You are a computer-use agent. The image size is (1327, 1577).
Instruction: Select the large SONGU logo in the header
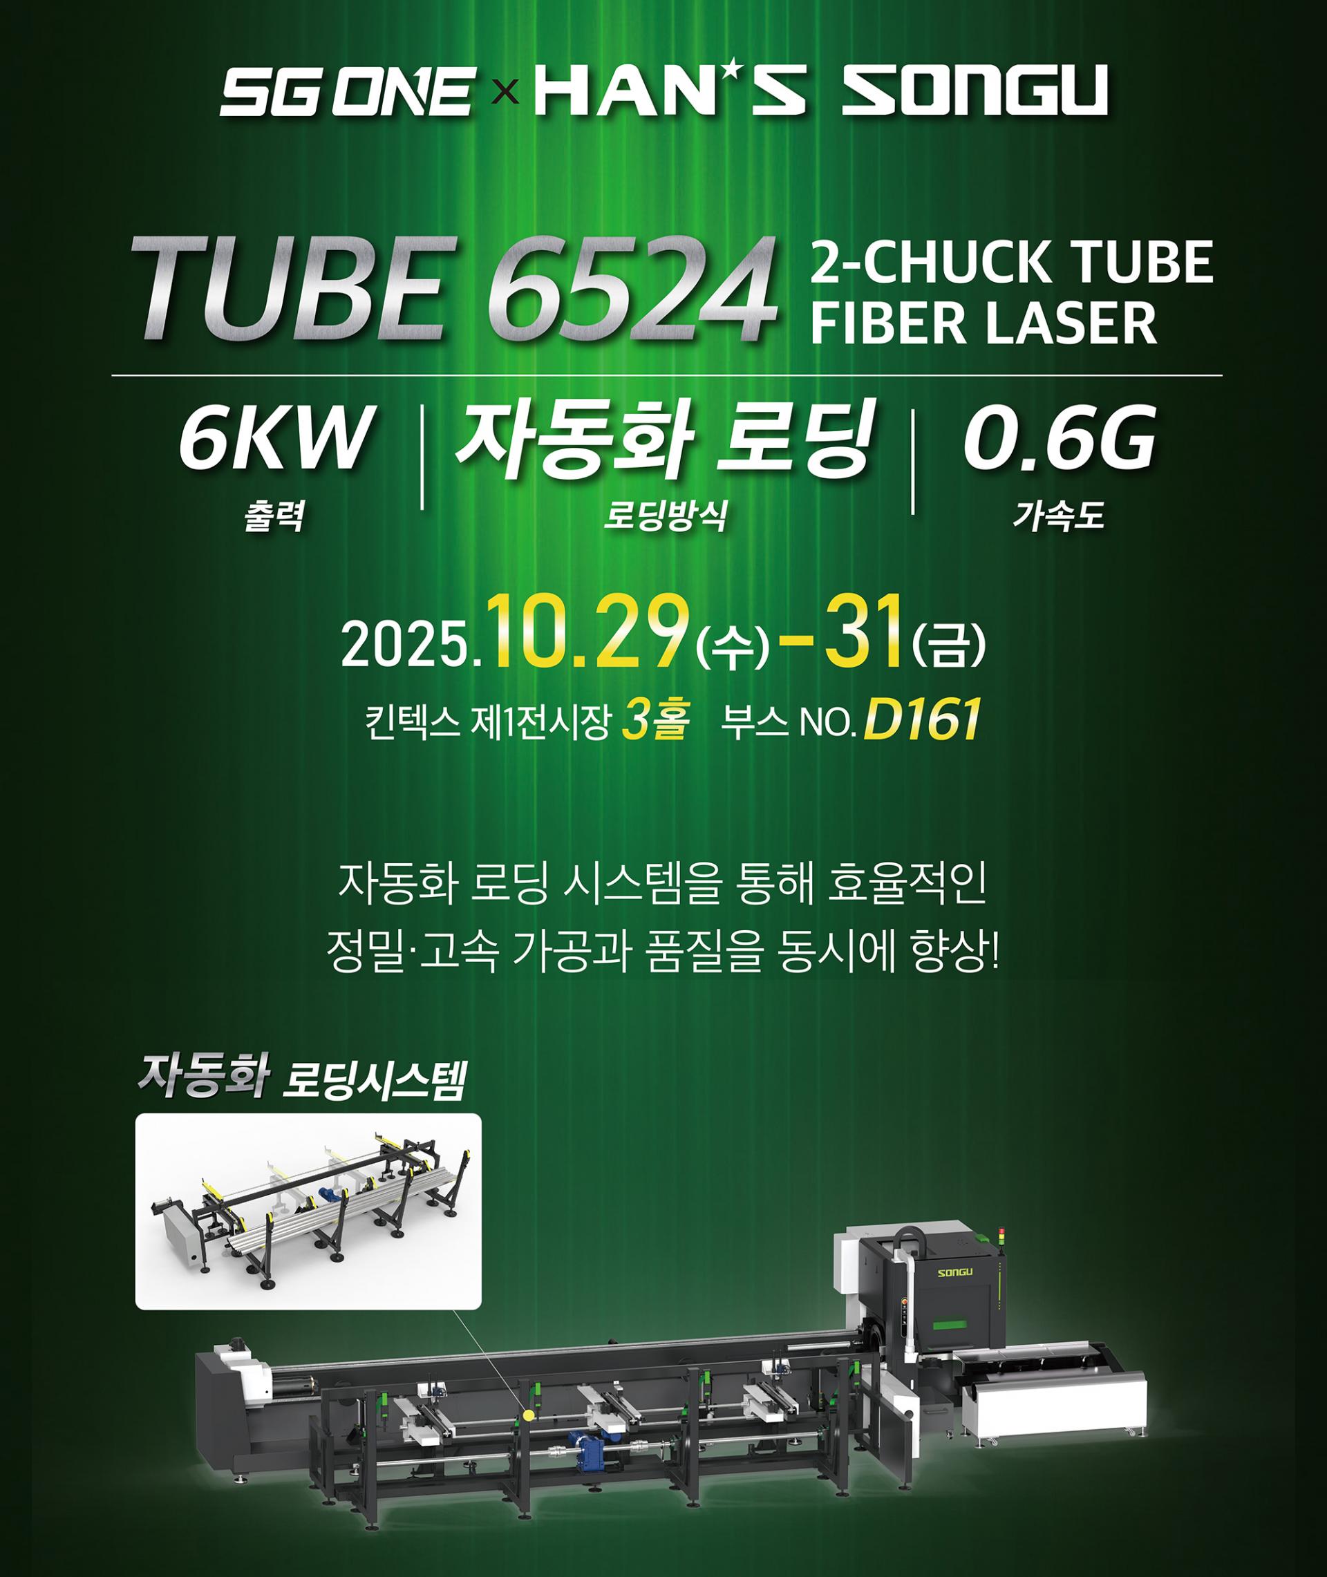click(x=975, y=91)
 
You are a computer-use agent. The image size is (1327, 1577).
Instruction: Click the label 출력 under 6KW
click(x=274, y=518)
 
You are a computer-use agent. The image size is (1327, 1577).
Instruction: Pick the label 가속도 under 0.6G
click(x=1060, y=518)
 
